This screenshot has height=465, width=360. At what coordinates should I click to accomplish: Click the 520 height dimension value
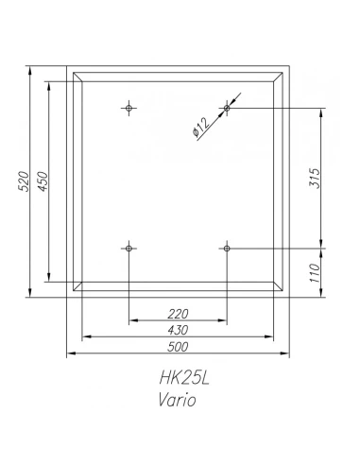coord(24,181)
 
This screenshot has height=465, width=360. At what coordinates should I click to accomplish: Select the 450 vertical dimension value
coord(43,181)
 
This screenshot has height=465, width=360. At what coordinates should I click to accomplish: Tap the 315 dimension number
coord(315,179)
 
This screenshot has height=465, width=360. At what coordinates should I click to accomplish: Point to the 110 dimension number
coord(315,273)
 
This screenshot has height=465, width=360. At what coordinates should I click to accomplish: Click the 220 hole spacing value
coord(178,314)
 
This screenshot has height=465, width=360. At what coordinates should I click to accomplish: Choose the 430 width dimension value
coord(178,330)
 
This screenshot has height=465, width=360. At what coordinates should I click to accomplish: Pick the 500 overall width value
coord(178,347)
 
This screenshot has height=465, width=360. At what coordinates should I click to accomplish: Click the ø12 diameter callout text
coord(200,128)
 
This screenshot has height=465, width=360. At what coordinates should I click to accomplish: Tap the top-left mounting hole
coord(129,108)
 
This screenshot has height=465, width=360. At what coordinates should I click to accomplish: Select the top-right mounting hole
coord(227,108)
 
